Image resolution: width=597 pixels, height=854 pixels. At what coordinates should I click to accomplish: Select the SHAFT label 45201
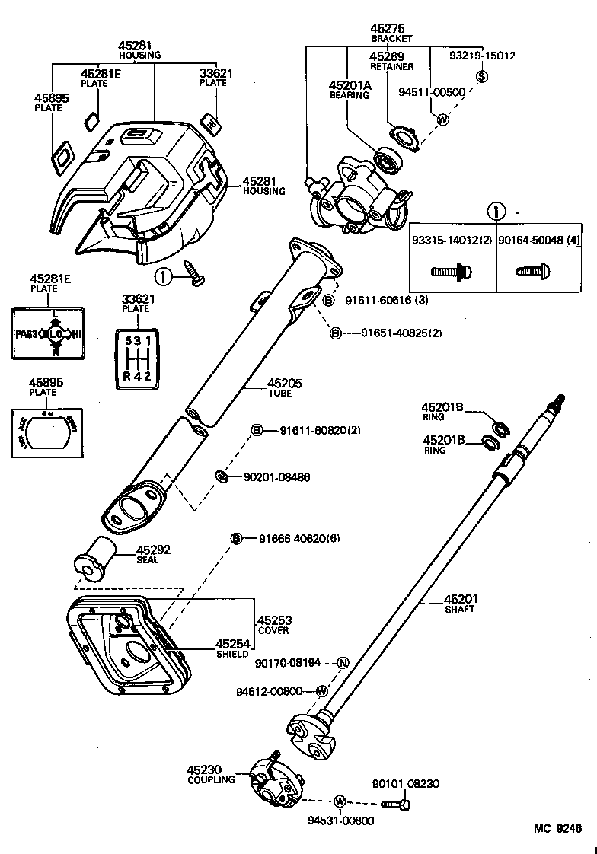[460, 599]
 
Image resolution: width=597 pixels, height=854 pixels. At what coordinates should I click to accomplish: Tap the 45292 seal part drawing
[94, 560]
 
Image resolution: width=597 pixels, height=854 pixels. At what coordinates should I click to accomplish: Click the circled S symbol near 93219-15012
[482, 75]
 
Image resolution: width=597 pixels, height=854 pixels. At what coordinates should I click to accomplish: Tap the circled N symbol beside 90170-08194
[343, 662]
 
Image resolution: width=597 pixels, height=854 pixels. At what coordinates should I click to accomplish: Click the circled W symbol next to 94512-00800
[322, 691]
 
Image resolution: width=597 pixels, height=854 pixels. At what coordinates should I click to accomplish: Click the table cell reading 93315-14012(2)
[452, 240]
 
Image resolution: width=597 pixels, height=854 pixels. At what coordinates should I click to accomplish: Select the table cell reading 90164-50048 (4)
[539, 240]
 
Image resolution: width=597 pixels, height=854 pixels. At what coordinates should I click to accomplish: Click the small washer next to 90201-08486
[222, 476]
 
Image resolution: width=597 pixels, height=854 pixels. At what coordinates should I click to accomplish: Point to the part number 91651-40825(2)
[390, 333]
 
